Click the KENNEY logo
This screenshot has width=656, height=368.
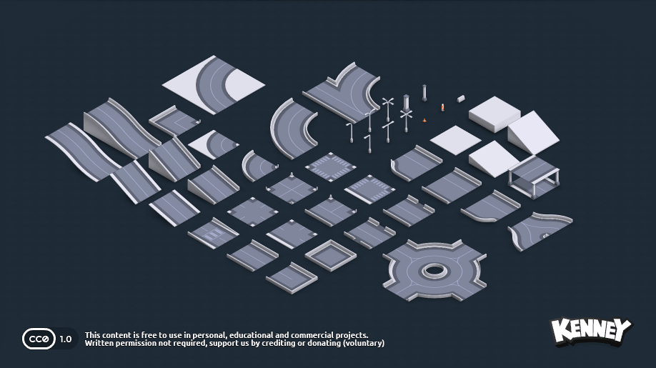591,331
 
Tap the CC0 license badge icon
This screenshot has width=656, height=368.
39,339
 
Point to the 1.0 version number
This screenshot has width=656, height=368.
66,339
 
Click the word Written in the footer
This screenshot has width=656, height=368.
99,344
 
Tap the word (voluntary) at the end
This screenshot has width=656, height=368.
363,344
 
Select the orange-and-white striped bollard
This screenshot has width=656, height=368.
442,107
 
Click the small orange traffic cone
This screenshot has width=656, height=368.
425,120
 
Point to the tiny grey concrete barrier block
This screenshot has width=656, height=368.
461,98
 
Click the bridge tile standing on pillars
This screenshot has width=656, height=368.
534,176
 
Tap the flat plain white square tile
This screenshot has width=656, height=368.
455,139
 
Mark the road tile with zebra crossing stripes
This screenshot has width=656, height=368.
213,234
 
